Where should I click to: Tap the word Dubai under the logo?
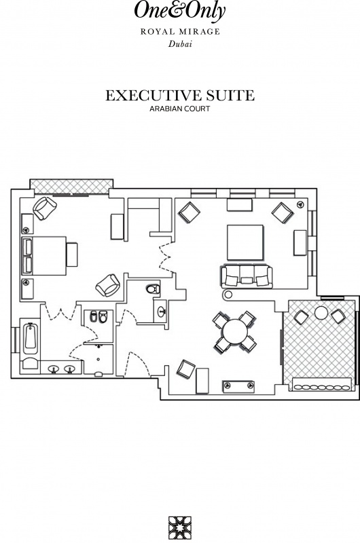coord(180,44)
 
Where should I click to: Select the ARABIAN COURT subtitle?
coord(180,109)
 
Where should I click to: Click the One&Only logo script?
coord(180,11)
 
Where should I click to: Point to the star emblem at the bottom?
coord(180,528)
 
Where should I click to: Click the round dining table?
coord(235,332)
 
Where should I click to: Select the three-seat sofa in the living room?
coord(247,276)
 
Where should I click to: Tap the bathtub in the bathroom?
coord(31,338)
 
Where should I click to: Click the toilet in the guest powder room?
coord(153,289)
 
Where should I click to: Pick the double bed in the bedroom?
coord(44,256)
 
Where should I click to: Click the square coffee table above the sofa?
coord(245,242)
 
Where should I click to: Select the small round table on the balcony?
coord(321,313)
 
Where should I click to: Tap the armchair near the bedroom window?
coord(45,208)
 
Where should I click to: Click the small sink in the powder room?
coord(162,312)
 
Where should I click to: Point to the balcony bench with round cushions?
coord(322,384)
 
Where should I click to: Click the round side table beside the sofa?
coord(228,295)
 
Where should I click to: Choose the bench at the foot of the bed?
coord(72,255)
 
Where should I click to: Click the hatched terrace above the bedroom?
coord(71,186)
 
